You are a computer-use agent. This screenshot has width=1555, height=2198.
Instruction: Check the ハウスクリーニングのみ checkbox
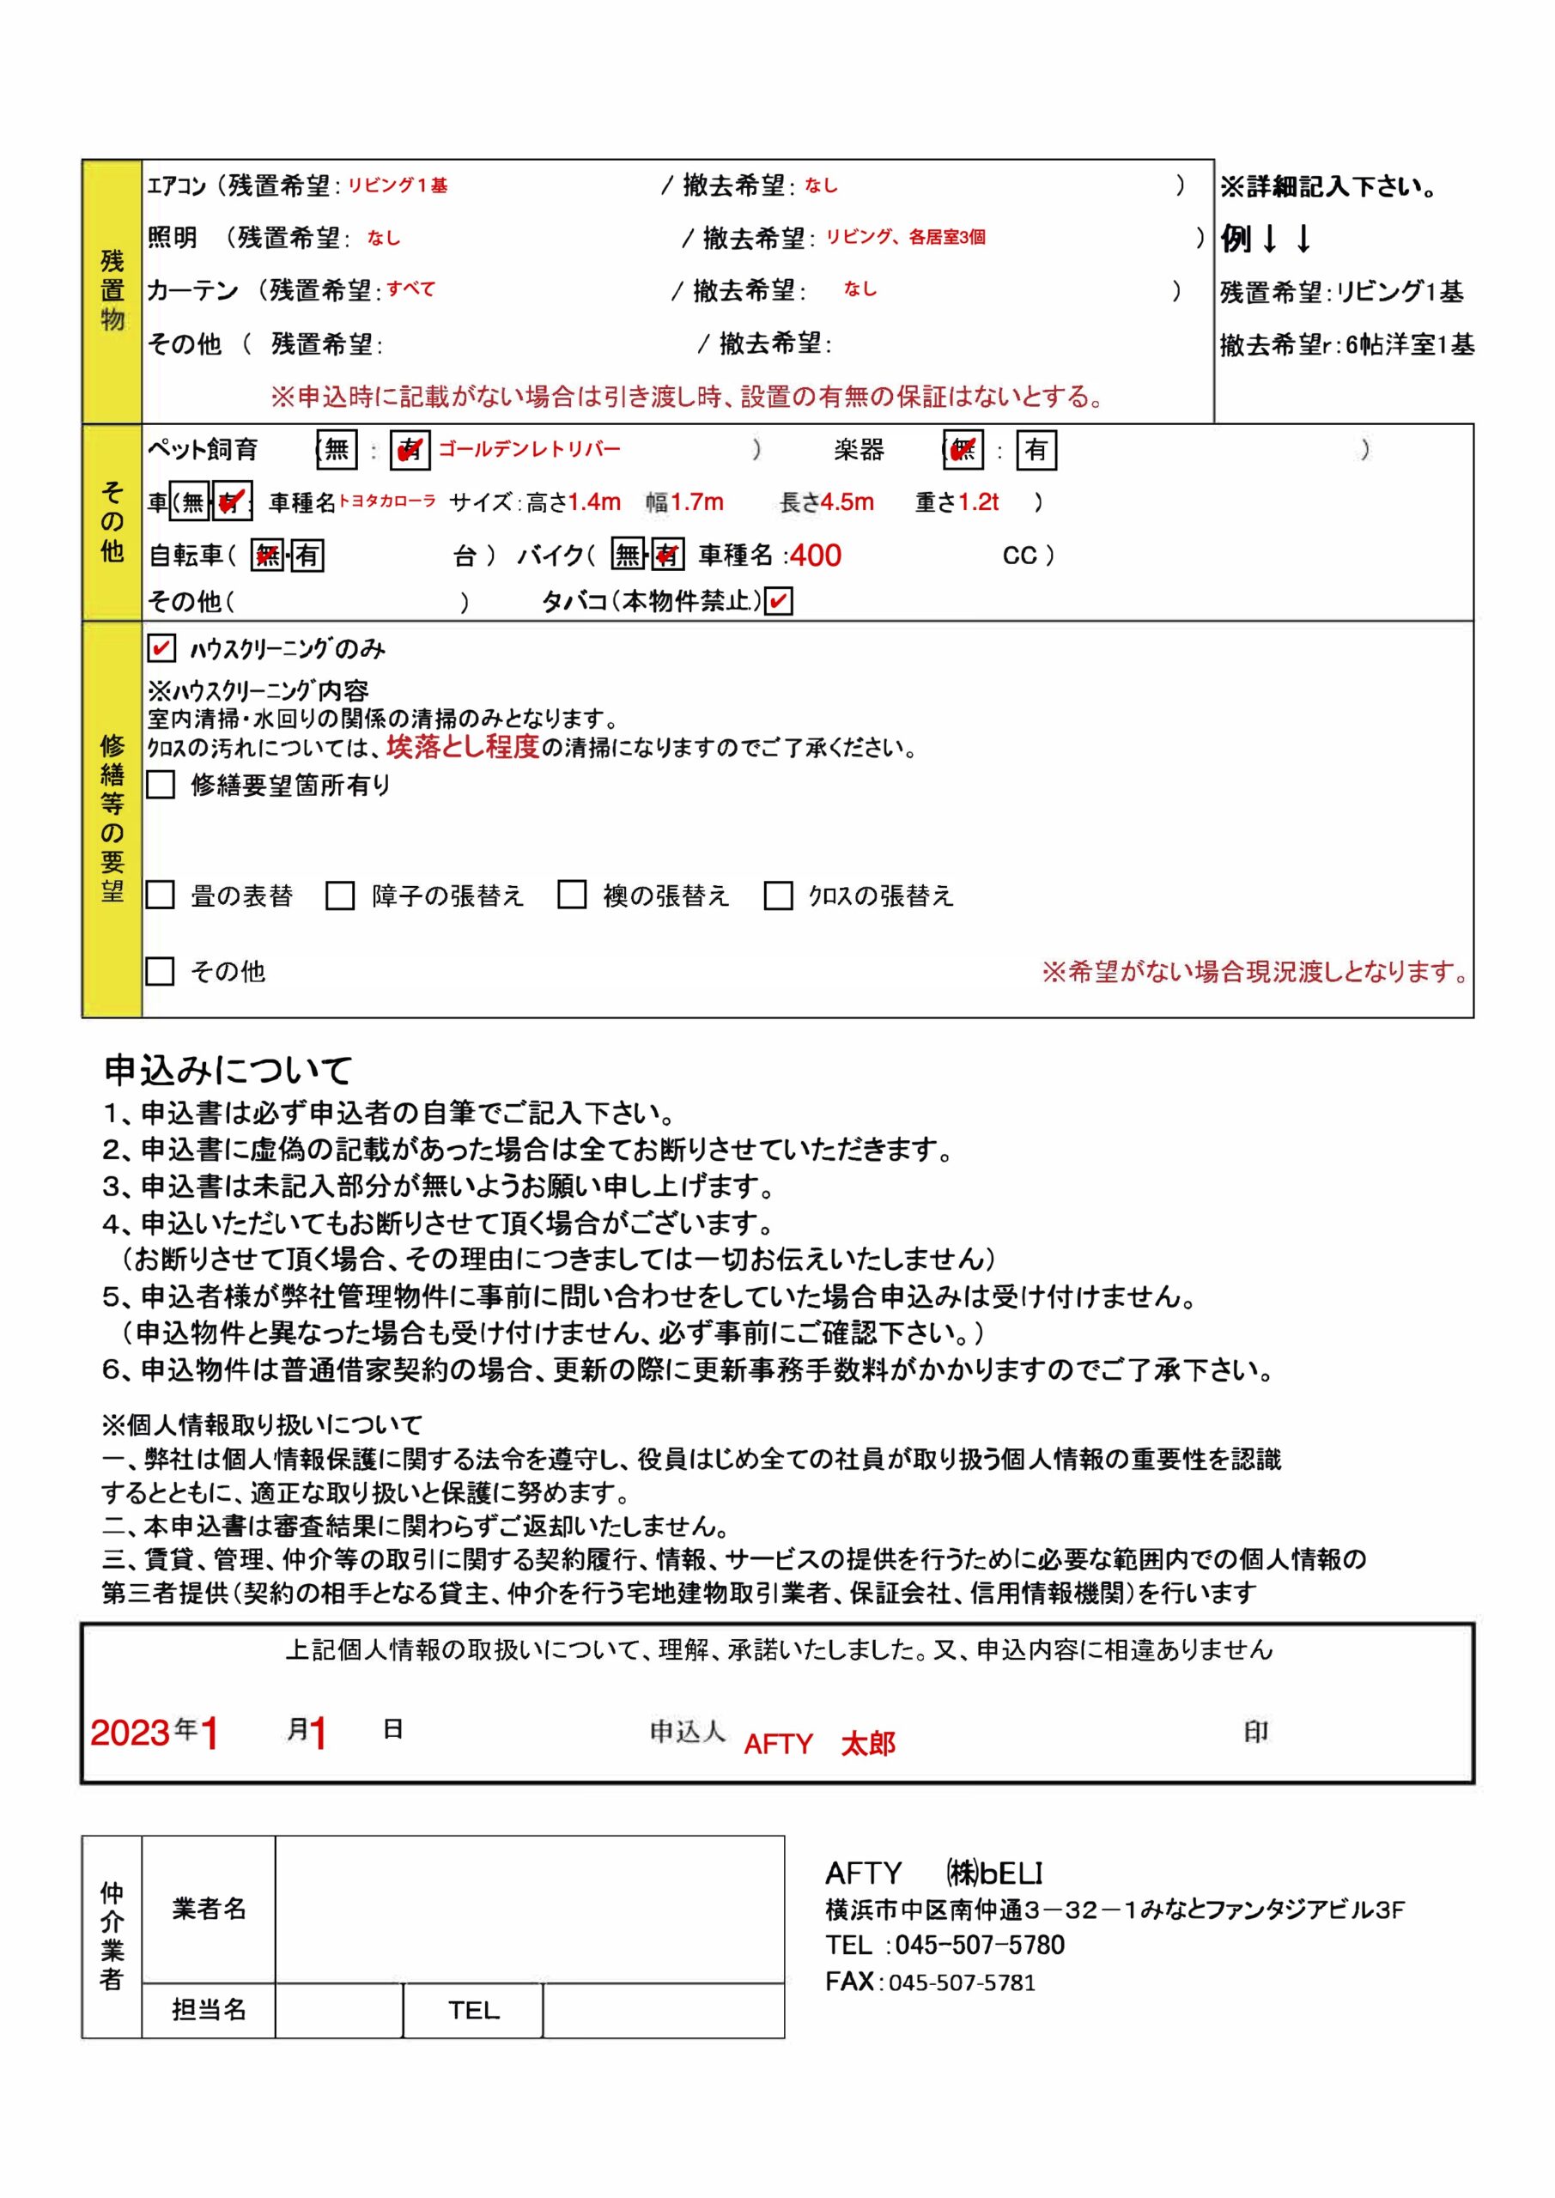tap(161, 648)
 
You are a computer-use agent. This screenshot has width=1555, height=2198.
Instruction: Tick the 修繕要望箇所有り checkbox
tap(161, 785)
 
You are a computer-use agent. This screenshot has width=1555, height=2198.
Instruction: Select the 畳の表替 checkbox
tap(160, 896)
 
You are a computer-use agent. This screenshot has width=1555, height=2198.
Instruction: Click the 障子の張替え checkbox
tap(340, 896)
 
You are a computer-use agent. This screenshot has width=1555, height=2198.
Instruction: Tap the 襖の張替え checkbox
tap(572, 896)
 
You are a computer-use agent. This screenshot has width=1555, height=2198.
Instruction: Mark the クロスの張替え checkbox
tap(778, 896)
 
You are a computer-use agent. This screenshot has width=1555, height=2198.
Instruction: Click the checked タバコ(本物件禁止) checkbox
tap(779, 601)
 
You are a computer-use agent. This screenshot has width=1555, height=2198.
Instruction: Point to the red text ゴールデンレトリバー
tap(530, 449)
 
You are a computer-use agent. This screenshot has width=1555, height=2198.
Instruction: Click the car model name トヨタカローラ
tap(387, 501)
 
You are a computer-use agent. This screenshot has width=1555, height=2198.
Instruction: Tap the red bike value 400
tap(815, 556)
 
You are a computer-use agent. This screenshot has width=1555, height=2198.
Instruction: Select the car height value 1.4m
tap(595, 501)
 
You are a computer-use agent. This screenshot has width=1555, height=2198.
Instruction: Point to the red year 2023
tap(131, 1733)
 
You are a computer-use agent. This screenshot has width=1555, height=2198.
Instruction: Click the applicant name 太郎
tap(867, 1744)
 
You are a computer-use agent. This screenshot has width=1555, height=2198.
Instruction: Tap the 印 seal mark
tap(1255, 1731)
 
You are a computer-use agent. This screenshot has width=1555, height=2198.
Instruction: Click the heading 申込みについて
tap(228, 1069)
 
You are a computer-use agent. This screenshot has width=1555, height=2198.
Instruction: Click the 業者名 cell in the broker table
tap(209, 1909)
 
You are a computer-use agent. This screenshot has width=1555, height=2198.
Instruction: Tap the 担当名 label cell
tap(209, 2009)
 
